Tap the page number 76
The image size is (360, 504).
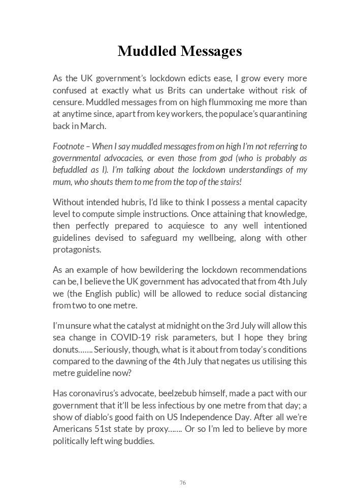coord(182,483)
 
